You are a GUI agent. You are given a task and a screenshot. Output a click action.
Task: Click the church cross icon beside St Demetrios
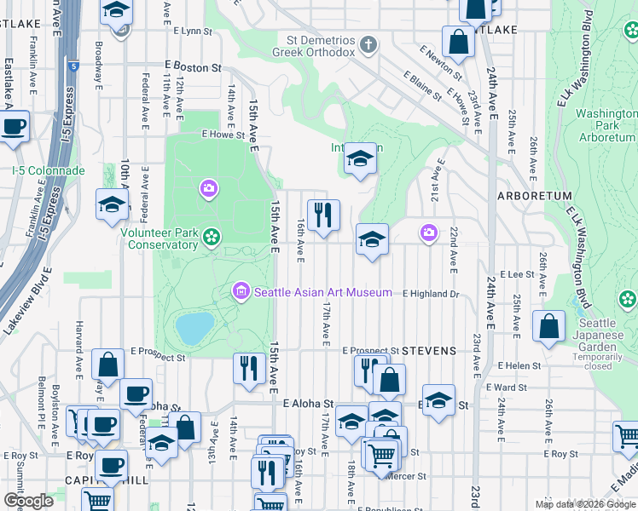[368, 44]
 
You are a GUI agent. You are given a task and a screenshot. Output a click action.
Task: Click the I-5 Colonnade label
[49, 170]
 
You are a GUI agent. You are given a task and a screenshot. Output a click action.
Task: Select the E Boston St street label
[193, 66]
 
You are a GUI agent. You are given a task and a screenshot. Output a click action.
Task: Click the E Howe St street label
[223, 134]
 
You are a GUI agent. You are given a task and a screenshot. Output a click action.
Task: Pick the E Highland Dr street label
[431, 294]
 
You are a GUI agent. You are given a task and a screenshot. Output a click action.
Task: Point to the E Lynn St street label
[192, 31]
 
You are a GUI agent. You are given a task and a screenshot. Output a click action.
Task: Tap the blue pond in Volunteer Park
[194, 324]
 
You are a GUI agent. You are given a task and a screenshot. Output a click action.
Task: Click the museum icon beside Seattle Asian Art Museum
[241, 293]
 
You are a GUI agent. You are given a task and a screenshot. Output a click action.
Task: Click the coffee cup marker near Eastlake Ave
[13, 128]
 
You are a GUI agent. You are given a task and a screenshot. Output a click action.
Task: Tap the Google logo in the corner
[29, 501]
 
